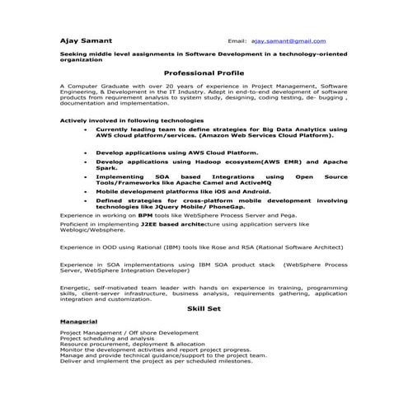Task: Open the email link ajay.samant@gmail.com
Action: point(288,40)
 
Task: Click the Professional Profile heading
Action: point(204,73)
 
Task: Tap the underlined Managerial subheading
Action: point(79,321)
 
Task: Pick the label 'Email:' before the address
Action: point(237,40)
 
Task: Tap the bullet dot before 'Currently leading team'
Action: point(86,129)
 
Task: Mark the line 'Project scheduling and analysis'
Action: point(107,338)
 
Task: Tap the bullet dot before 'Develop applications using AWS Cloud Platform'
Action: point(86,152)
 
